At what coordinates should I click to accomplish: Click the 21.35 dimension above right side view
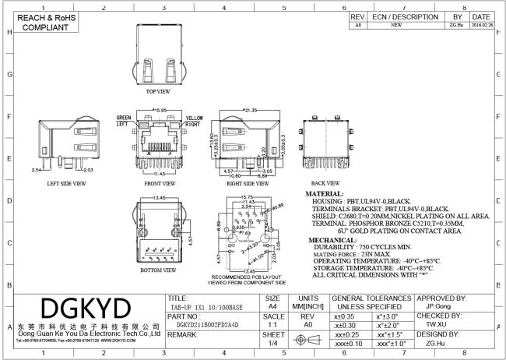(x=251, y=111)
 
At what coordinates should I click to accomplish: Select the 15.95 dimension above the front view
(x=162, y=111)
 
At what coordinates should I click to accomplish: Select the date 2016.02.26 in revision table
(x=480, y=25)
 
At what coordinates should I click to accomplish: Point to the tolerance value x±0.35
(x=344, y=318)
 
